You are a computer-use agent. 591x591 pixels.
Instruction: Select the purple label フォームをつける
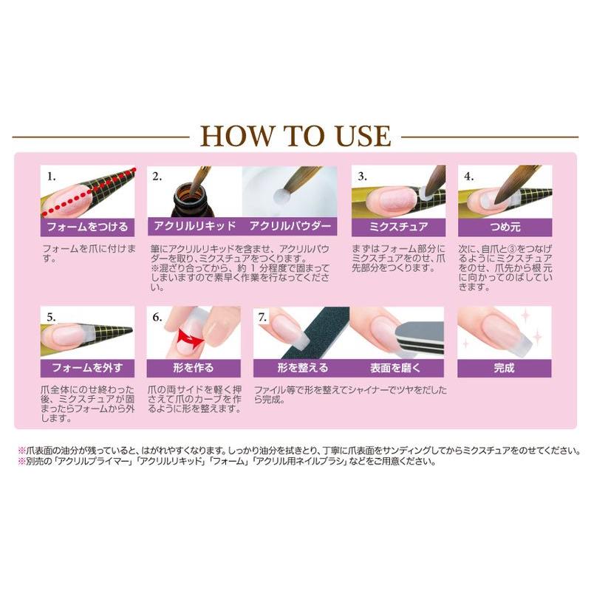pos(87,226)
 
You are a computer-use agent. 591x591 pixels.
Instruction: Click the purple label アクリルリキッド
pos(194,226)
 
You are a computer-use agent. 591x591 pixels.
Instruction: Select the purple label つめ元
pos(505,226)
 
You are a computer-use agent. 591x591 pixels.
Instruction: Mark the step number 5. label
pos(52,317)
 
